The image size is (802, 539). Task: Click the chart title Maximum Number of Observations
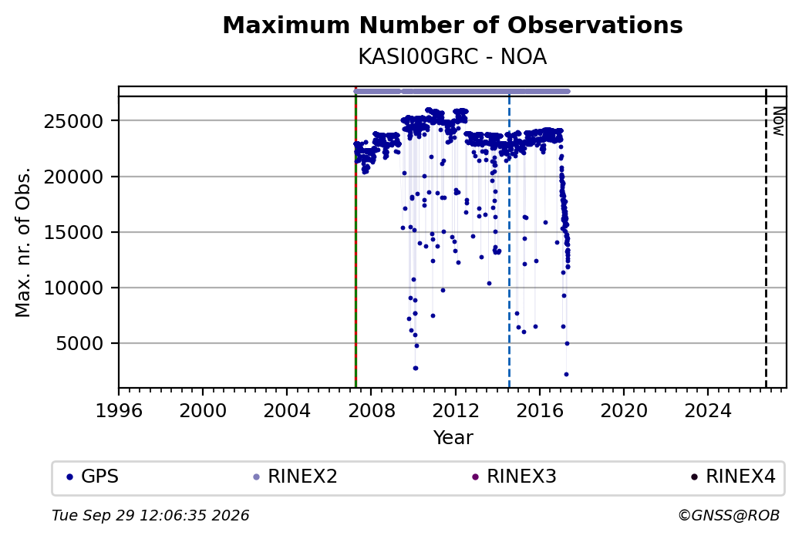coord(453,25)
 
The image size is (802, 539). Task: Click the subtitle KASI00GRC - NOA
coord(453,57)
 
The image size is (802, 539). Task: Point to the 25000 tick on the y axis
coord(74,121)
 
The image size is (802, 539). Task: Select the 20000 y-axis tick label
coord(74,177)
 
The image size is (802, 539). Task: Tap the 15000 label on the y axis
coord(74,233)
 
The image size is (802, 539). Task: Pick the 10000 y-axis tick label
coord(74,288)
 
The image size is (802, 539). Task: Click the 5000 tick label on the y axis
coord(79,344)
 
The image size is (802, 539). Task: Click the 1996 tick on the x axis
coord(119,411)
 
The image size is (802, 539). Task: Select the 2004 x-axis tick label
coord(286,411)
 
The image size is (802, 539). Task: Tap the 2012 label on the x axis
coord(455,411)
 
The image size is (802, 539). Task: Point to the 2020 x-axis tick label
coord(624,411)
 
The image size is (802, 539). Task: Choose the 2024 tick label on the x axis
coord(708,411)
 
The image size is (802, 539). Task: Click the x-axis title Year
coord(453,438)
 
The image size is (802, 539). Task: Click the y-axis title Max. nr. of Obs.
coord(23,242)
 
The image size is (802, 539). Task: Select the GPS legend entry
coord(93,477)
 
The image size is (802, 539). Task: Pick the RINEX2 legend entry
coord(295,477)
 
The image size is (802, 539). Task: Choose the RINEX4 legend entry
coord(733,477)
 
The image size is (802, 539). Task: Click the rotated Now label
coord(778,121)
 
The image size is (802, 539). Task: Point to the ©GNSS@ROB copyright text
coord(729,515)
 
